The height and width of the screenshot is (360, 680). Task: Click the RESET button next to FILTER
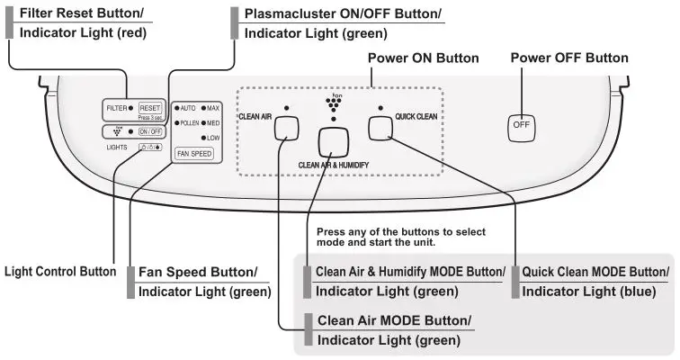coord(150,108)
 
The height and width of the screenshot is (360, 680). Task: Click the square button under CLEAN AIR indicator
coord(286,128)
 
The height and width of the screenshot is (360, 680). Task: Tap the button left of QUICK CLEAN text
coord(380,127)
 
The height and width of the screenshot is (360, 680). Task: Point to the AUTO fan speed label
coord(188,107)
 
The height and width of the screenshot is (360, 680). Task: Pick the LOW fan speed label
coord(213,138)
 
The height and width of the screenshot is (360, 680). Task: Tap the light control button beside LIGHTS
coord(150,147)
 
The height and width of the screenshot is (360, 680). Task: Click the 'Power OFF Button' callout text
coord(568,58)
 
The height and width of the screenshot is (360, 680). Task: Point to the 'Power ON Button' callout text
coord(424,58)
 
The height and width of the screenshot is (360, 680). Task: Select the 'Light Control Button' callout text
coord(60,271)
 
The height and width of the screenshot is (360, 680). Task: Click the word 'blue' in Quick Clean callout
coord(635,292)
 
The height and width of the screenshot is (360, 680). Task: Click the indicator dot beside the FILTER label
coord(131,108)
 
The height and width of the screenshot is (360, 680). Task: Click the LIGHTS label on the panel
coord(118,145)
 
